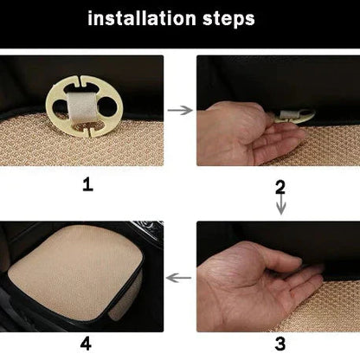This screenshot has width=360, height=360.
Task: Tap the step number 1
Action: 86,184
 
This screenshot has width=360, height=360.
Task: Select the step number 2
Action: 280,186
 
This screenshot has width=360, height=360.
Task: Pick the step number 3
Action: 280,343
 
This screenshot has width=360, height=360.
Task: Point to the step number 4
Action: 86,343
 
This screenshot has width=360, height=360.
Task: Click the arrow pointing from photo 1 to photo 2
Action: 180,111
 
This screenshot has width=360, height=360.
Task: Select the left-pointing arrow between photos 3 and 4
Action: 179,278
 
